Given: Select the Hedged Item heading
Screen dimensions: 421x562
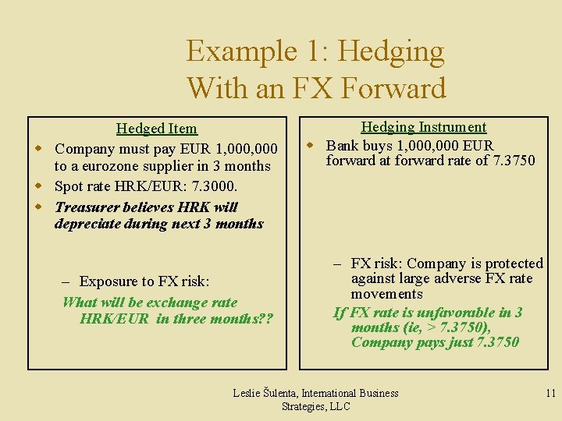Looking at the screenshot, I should tap(156, 129).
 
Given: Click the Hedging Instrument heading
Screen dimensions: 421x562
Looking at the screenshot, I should tap(423, 127).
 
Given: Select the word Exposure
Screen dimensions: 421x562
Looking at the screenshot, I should tap(109, 281).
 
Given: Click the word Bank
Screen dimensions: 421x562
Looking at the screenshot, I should tap(343, 145).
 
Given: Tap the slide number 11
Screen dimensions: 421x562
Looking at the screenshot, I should tap(550, 393).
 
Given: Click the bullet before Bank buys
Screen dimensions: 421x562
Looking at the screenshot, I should tap(310, 145).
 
